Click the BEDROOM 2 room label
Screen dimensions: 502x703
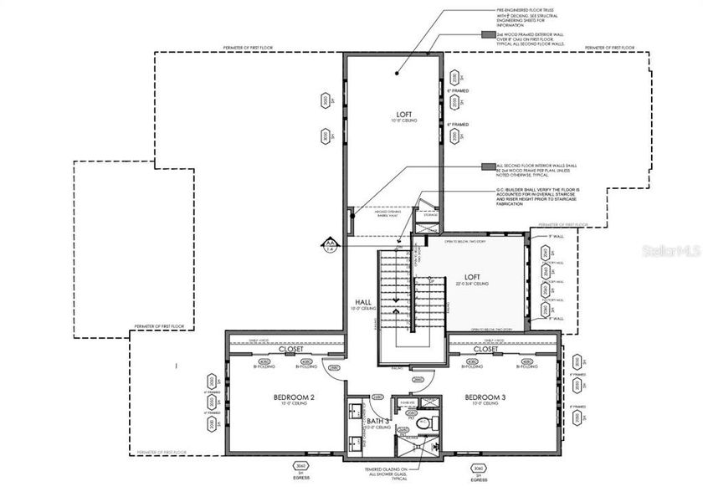tap(294, 397)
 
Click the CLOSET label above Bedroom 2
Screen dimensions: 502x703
tap(291, 349)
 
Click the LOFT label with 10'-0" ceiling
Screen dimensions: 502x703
tap(405, 114)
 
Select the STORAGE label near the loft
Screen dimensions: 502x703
tap(430, 214)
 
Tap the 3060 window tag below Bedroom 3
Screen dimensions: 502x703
tap(478, 468)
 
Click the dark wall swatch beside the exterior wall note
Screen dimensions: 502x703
tap(486, 35)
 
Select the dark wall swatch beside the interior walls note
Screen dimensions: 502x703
tap(486, 166)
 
